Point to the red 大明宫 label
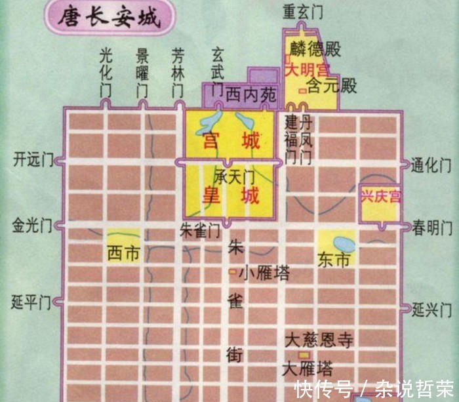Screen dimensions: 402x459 tap(307, 68)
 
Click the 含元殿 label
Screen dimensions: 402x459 tap(332, 85)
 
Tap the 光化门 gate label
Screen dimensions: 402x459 tap(106, 72)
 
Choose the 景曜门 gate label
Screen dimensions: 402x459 tap(142, 72)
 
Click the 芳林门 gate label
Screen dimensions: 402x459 tap(178, 72)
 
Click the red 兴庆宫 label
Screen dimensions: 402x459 tap(380, 197)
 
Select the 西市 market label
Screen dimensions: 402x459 tap(124, 252)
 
